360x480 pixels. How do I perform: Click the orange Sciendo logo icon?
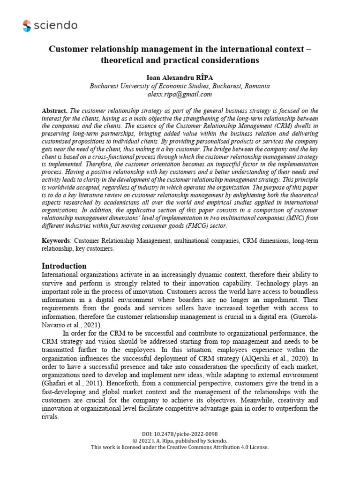click(27, 26)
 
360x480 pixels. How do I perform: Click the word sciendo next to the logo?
click(56, 26)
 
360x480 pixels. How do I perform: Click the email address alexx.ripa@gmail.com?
click(180, 94)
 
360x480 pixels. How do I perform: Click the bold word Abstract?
click(55, 111)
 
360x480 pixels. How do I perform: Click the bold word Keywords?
click(56, 241)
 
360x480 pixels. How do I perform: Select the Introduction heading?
click(64, 266)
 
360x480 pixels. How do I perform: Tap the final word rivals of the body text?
click(50, 417)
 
